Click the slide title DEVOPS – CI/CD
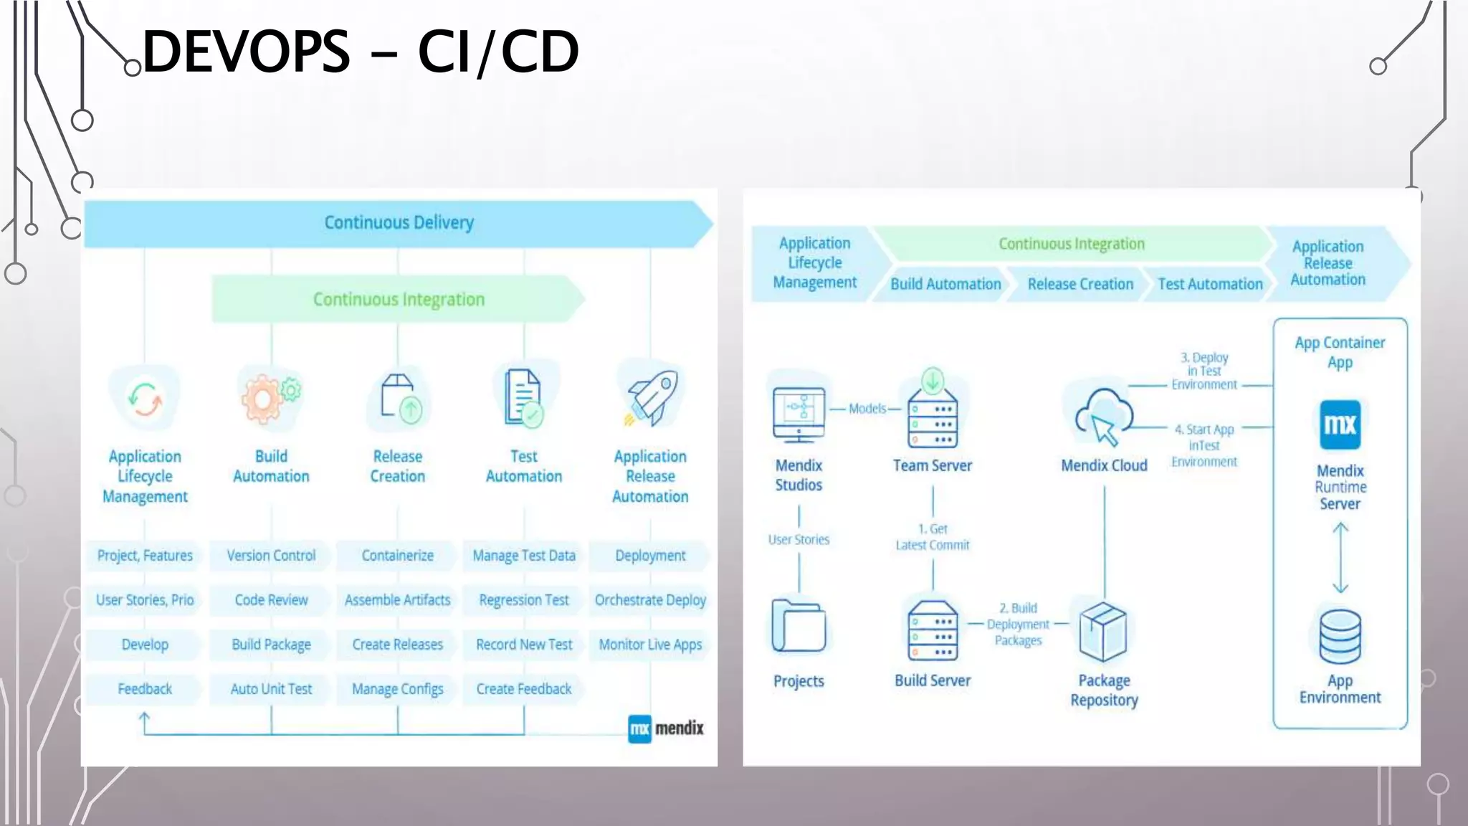tap(361, 52)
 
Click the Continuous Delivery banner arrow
tap(399, 223)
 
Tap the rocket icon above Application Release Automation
tap(652, 398)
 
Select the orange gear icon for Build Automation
tap(264, 399)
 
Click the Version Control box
tap(271, 556)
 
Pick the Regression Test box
tap(524, 600)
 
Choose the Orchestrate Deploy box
tap(650, 600)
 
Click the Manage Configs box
tap(397, 689)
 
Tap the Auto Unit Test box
tap(271, 689)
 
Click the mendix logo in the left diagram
tap(666, 728)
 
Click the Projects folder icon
tap(799, 626)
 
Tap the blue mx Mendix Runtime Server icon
tap(1340, 424)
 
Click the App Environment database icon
tap(1340, 637)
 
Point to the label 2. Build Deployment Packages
tap(1018, 625)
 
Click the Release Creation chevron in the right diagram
tap(1079, 284)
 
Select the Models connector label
tap(867, 409)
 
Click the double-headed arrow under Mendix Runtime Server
tap(1340, 558)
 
